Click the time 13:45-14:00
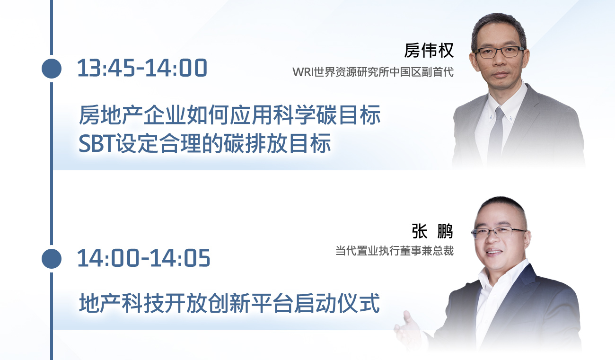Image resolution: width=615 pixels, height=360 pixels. click(142, 68)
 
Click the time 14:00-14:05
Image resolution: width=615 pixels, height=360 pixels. click(144, 258)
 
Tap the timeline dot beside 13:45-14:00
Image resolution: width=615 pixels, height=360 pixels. click(52, 69)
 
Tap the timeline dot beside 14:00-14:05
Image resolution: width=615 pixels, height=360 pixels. click(52, 259)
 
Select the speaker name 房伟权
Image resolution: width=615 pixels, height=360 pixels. click(429, 50)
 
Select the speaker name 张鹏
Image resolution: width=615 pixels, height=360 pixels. click(432, 231)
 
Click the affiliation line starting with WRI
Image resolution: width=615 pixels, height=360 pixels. click(373, 72)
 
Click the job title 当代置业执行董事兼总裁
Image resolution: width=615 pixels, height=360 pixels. click(395, 251)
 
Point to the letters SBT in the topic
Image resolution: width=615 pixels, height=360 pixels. click(97, 144)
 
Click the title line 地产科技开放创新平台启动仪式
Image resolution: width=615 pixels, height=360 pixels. click(229, 303)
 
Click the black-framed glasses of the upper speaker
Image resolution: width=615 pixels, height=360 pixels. click(500, 52)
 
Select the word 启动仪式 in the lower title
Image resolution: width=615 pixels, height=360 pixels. click(337, 303)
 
